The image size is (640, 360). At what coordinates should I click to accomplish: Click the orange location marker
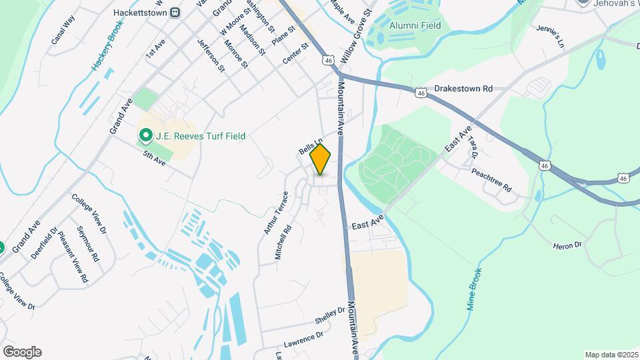pyautogui.click(x=321, y=159)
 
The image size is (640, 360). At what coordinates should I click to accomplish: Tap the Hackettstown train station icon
pyautogui.click(x=175, y=12)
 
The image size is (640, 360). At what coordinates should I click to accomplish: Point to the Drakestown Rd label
pyautogui.click(x=463, y=88)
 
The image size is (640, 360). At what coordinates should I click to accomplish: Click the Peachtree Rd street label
pyautogui.click(x=491, y=178)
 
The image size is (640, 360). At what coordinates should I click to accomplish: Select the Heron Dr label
pyautogui.click(x=567, y=245)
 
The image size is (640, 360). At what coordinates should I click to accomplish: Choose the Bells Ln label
pyautogui.click(x=311, y=147)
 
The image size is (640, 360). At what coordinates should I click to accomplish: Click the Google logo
pyautogui.click(x=22, y=352)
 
